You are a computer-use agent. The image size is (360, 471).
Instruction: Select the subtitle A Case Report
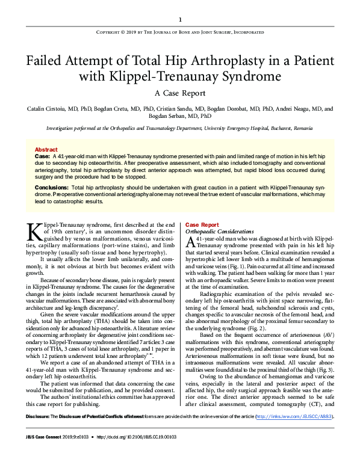pos(179,93)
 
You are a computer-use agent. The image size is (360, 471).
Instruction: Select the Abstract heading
pos(46,149)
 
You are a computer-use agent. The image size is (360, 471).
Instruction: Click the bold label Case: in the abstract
pos(42,156)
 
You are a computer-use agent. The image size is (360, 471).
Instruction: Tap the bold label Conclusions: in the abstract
pos(51,188)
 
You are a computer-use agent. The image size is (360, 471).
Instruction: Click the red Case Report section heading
pos(202,224)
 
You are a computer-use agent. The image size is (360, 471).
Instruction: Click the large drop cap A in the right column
pos(190,242)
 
